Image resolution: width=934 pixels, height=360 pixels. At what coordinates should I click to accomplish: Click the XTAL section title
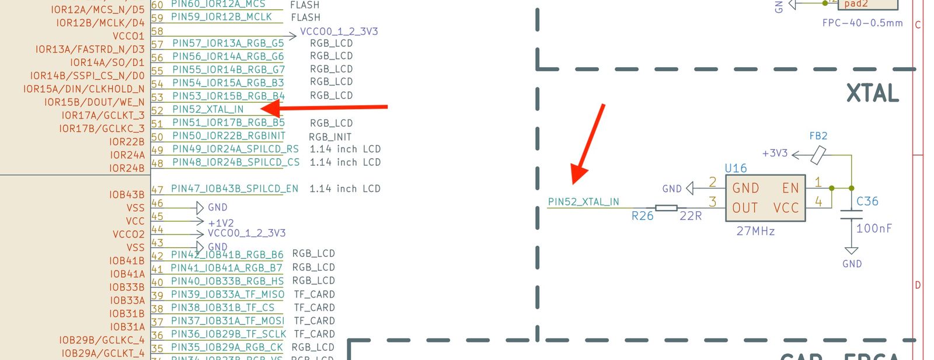(872, 94)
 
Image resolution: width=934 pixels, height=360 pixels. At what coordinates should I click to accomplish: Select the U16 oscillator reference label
(736, 168)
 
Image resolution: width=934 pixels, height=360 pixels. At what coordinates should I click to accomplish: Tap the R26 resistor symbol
(666, 208)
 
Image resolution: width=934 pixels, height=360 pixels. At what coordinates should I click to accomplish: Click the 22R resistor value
(691, 216)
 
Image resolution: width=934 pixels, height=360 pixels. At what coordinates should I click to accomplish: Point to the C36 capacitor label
(867, 201)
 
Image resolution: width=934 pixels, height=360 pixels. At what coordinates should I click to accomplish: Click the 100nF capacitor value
(874, 228)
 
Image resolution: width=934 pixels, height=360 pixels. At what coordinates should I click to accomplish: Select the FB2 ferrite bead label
(818, 136)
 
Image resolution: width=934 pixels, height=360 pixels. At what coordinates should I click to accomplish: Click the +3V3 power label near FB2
(775, 153)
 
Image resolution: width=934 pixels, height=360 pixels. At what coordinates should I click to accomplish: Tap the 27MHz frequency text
(755, 231)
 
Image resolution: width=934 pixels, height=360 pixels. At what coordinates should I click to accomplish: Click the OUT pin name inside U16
(745, 208)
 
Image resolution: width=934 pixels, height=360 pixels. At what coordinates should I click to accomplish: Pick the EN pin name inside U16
(790, 188)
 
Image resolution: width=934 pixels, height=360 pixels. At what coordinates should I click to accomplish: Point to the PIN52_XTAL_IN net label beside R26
(583, 202)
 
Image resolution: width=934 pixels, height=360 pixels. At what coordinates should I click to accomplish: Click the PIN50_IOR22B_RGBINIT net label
(228, 136)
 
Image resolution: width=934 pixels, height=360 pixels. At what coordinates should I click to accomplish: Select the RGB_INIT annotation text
(330, 137)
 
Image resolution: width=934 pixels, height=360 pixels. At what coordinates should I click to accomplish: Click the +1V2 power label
(221, 223)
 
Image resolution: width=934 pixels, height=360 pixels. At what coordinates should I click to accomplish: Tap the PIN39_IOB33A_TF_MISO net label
(227, 295)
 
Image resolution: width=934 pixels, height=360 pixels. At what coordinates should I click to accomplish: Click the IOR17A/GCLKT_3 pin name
(103, 116)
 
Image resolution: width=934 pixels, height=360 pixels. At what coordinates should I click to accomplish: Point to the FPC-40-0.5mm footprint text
(862, 23)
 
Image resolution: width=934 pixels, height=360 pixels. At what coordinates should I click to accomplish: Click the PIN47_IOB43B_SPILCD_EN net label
(234, 189)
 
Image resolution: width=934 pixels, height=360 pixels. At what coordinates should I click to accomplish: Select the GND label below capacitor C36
(852, 264)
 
